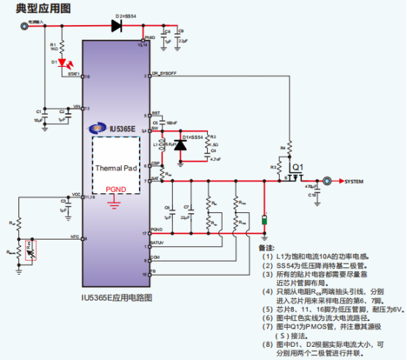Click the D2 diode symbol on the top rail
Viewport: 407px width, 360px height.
point(116,26)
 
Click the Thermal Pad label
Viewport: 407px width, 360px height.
point(115,168)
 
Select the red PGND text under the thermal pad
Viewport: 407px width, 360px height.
point(115,189)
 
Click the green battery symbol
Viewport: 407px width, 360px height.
point(264,219)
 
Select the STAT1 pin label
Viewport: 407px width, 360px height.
point(73,75)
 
